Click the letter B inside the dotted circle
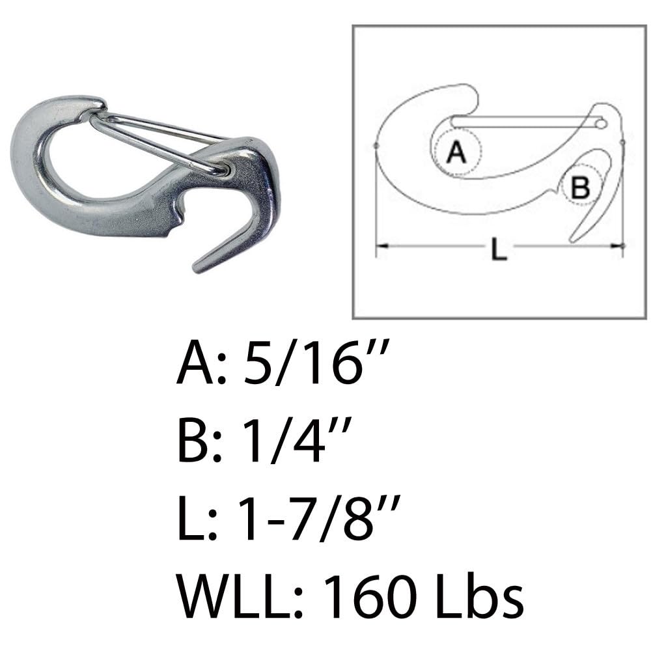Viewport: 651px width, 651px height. (x=579, y=188)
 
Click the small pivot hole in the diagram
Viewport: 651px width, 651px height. (x=601, y=122)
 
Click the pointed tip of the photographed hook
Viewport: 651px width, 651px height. (x=197, y=268)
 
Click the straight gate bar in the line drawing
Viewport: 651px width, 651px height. (x=521, y=121)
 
